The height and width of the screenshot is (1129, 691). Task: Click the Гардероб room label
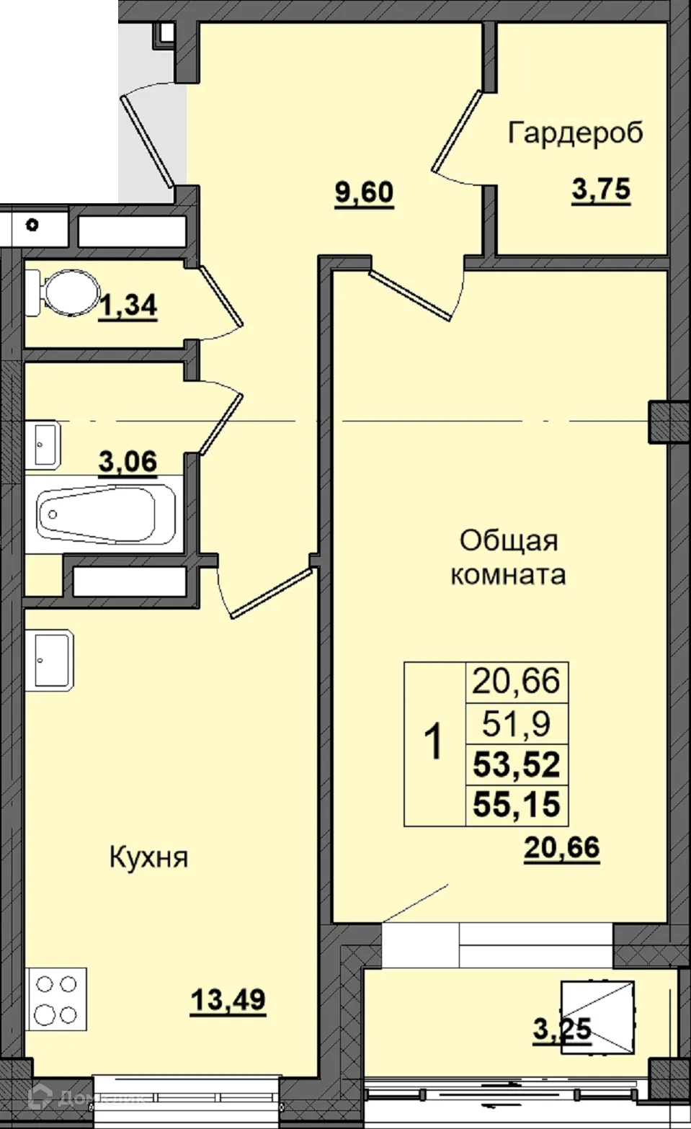[575, 133]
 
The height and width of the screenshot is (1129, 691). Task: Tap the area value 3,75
[600, 190]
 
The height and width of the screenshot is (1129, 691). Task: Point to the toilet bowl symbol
[63, 293]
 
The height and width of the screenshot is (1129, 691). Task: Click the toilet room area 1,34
[128, 305]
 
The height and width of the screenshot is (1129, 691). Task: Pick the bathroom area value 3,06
[128, 460]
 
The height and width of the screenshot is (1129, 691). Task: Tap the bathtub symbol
[107, 514]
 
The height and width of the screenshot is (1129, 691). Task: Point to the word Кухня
[148, 858]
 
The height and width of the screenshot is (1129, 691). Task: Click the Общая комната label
[508, 558]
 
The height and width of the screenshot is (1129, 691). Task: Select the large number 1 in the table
[434, 743]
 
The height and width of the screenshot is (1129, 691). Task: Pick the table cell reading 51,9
[517, 723]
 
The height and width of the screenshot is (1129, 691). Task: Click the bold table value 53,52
[517, 764]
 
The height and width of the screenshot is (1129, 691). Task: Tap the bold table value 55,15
[517, 804]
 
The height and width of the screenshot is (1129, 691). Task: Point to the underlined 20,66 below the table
[561, 847]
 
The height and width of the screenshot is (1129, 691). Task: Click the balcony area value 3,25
[562, 1028]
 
